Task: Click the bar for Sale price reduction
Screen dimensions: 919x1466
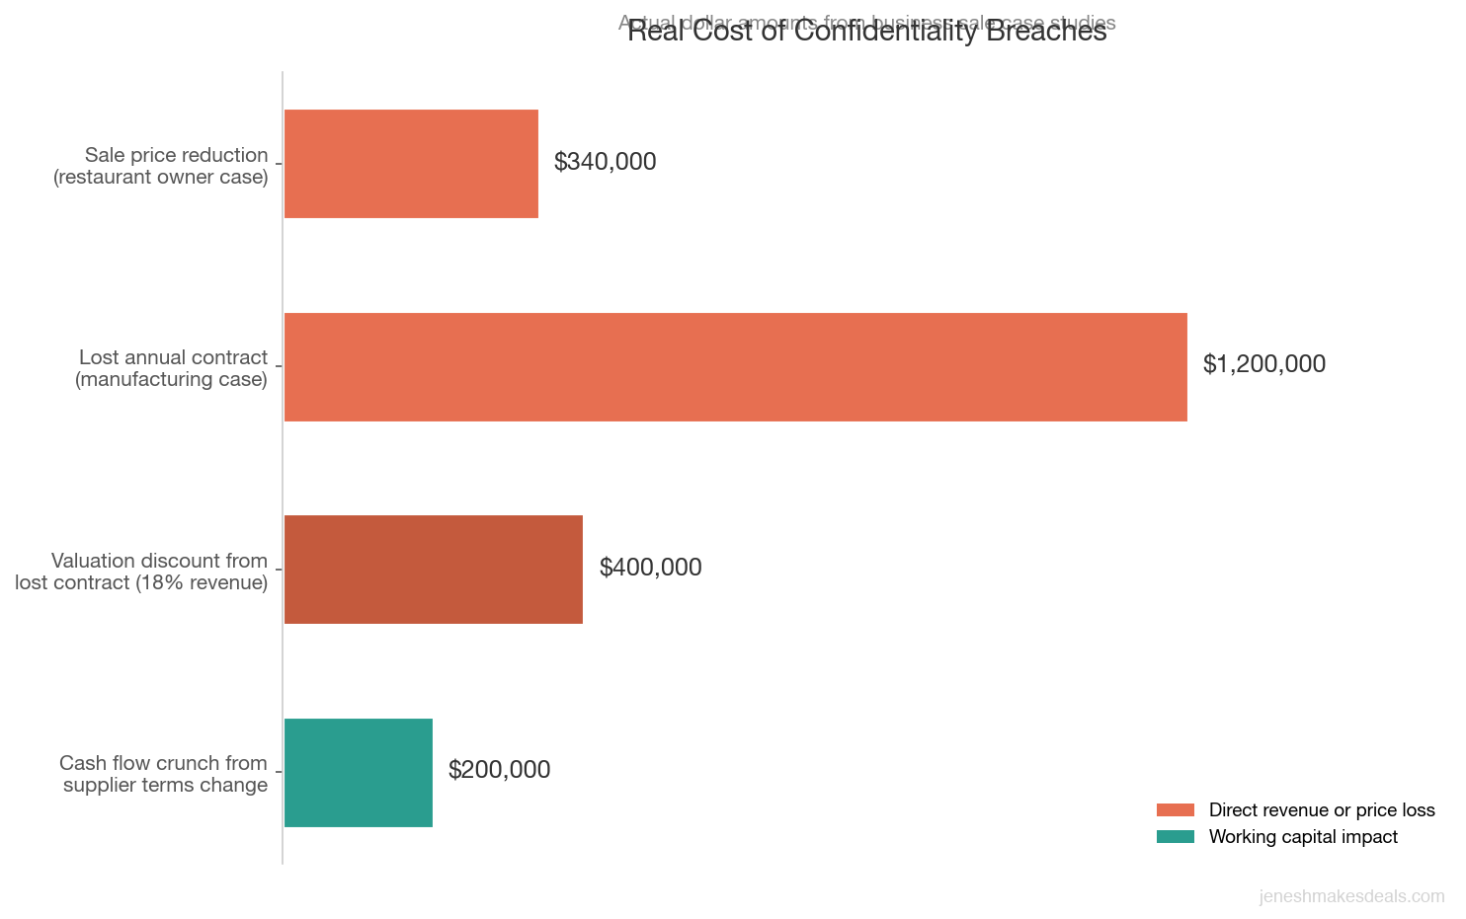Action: (411, 164)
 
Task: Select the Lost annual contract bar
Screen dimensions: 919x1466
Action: (735, 367)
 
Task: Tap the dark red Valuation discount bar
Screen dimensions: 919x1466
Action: (433, 570)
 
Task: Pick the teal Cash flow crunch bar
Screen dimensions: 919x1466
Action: (358, 773)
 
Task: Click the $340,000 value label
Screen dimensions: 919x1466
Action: (605, 162)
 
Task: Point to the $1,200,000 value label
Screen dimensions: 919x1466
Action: (1263, 364)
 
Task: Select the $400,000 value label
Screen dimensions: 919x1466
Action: (650, 568)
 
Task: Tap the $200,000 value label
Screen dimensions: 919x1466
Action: (499, 770)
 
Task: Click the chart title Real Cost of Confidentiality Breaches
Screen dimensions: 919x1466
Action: (866, 32)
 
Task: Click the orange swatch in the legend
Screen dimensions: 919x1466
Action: (1175, 810)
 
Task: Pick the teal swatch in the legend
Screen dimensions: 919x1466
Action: (1175, 837)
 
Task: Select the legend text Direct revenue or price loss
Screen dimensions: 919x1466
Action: (1321, 810)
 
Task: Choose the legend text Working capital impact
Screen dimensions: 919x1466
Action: (1303, 837)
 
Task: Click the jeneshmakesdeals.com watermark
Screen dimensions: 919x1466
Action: (1350, 896)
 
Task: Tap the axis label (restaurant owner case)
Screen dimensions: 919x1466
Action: (161, 178)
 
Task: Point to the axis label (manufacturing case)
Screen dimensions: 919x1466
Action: (171, 380)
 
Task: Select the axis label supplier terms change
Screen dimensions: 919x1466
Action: (165, 786)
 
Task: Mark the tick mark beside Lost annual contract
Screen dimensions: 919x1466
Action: (279, 366)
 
